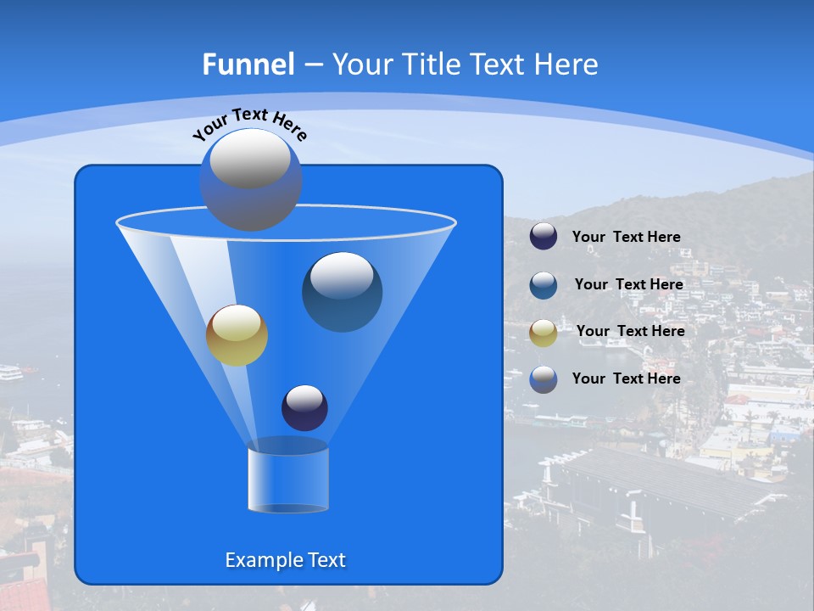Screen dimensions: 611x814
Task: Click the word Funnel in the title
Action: click(248, 64)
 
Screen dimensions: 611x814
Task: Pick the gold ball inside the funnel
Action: click(237, 336)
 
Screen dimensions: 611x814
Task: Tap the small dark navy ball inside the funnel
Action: click(304, 408)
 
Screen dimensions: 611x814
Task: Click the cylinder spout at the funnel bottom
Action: click(287, 478)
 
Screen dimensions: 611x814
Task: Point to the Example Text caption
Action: click(285, 560)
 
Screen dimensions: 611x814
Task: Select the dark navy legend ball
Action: click(544, 237)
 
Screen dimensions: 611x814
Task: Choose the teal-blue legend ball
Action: click(544, 284)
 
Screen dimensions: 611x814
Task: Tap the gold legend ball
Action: click(544, 332)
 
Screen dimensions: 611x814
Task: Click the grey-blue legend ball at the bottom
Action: click(544, 379)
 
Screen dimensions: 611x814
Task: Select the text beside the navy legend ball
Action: click(626, 238)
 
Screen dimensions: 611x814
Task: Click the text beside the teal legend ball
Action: click(628, 284)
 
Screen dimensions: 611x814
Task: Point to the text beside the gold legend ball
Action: click(630, 331)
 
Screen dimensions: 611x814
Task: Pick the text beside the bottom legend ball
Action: click(626, 378)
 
